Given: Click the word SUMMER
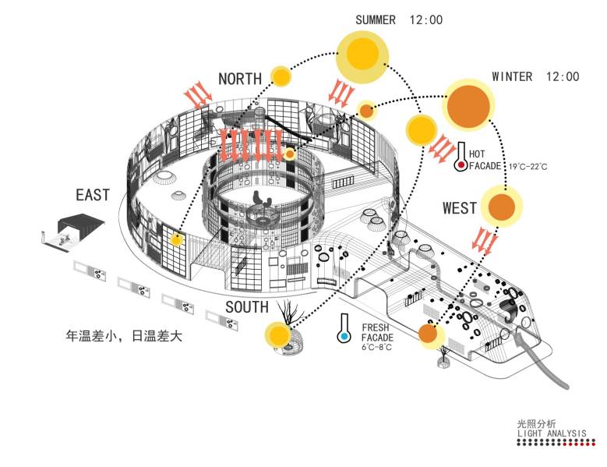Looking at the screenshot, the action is click(x=375, y=19).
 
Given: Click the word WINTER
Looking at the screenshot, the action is click(x=512, y=76).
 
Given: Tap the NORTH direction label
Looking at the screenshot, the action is click(x=240, y=79).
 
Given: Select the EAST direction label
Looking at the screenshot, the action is click(x=93, y=195).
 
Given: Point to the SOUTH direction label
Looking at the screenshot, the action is click(x=247, y=307).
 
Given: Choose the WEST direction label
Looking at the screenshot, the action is click(x=460, y=208).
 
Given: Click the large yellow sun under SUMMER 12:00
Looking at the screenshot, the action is click(x=362, y=55).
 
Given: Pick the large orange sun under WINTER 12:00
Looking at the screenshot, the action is click(x=468, y=106).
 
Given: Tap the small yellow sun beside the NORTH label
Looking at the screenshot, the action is click(x=281, y=76).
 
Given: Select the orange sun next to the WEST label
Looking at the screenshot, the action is click(x=501, y=207).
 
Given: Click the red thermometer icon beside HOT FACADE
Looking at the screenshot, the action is click(x=461, y=157).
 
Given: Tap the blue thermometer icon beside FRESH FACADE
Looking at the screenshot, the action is click(x=343, y=328).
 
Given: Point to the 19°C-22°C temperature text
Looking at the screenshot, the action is click(x=528, y=167).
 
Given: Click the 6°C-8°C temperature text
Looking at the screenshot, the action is click(x=376, y=347).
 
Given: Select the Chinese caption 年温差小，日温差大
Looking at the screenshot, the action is click(x=124, y=335).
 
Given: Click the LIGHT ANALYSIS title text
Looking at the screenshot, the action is click(x=551, y=433).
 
